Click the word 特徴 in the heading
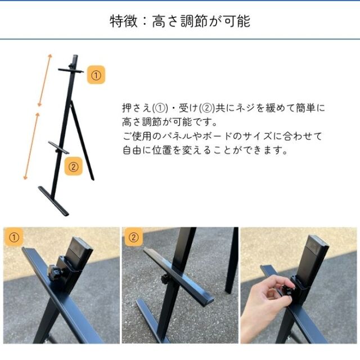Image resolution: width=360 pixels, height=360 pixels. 124,21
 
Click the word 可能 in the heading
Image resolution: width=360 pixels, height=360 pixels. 237,21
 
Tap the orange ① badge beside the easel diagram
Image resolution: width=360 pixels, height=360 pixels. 96,75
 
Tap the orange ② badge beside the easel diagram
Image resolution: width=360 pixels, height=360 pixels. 73,166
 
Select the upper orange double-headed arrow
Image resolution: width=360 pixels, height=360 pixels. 45,80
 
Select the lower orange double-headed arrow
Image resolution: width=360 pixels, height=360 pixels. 31,146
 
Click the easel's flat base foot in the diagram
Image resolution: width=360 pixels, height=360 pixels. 53,201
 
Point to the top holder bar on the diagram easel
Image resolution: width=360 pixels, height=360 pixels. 71,70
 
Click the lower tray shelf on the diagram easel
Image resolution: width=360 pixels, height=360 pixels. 58,147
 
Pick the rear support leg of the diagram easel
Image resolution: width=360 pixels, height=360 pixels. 82,140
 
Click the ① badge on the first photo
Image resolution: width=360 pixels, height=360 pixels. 13,237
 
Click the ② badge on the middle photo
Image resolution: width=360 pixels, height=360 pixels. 133,237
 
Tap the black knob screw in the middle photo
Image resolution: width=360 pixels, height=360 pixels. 165,279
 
